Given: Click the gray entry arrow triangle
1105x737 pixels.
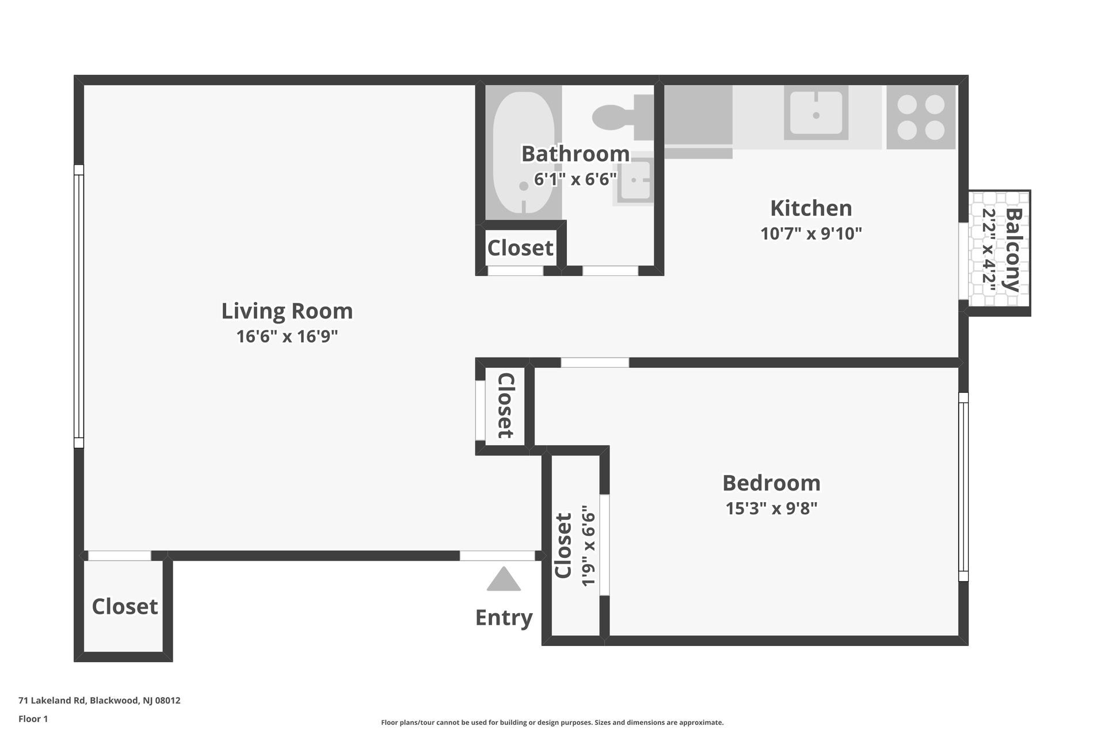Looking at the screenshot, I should tap(504, 580).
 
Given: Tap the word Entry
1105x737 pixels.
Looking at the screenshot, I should tap(504, 618).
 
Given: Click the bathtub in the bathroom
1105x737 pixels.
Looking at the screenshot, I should tap(523, 153).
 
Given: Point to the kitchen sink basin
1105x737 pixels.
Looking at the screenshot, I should tap(816, 113).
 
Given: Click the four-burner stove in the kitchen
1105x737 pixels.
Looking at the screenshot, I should tap(921, 117).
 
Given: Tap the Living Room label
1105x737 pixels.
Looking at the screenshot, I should tap(287, 311).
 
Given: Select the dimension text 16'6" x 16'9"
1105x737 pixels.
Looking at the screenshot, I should tap(287, 336).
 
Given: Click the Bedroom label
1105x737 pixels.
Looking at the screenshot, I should tap(771, 483).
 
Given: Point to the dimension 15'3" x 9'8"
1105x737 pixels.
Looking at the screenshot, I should tap(771, 509).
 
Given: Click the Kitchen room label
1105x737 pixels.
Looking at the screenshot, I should tap(811, 208).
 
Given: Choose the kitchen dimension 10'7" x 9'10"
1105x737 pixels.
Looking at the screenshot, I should tap(811, 234).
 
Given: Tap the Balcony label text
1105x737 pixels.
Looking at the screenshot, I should tap(1013, 250).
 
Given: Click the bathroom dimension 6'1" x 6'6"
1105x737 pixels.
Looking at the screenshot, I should tap(576, 180).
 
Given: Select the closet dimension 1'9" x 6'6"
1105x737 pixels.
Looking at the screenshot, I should tap(588, 546).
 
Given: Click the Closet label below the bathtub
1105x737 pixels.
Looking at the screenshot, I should tap(520, 248).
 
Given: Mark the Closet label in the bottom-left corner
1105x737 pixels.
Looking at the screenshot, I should tap(124, 607).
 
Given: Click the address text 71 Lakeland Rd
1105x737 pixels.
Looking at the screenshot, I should tap(99, 701).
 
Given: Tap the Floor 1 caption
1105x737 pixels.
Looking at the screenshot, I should tap(33, 719).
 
